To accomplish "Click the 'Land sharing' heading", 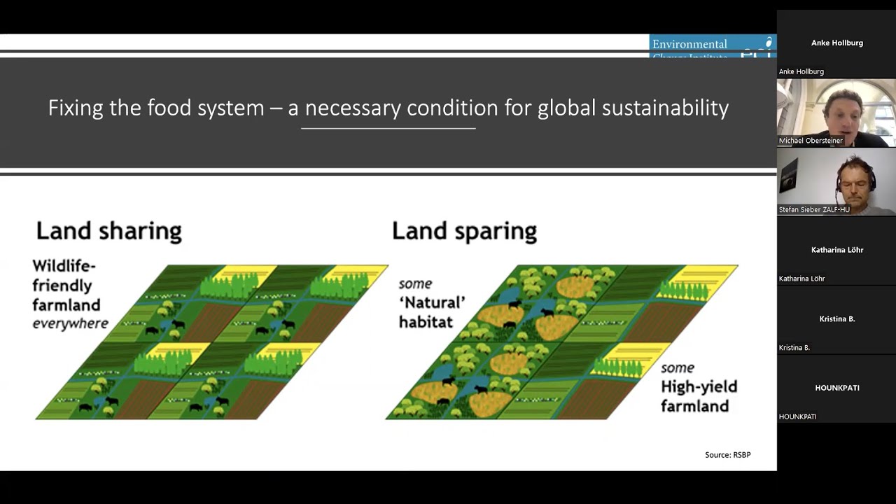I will click(x=108, y=231).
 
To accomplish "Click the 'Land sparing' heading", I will click(x=464, y=231).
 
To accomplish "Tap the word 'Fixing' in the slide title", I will click(x=75, y=108).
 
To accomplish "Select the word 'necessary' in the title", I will click(x=353, y=108).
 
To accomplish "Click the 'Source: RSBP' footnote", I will click(x=727, y=455).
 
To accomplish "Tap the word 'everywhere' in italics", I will click(x=70, y=323).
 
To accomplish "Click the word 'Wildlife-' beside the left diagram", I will click(x=64, y=266).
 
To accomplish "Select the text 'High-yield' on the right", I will click(x=699, y=387).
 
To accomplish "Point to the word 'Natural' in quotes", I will click(x=432, y=303).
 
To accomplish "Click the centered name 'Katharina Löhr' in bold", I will click(x=837, y=250).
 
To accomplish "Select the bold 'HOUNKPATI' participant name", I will click(x=837, y=388).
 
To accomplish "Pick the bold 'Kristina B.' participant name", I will click(x=837, y=318).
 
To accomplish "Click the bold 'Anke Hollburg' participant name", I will click(x=837, y=43).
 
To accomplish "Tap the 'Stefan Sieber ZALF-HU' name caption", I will click(x=814, y=210).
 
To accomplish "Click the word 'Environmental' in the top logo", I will click(x=689, y=44).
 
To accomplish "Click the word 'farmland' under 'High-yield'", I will click(x=694, y=406).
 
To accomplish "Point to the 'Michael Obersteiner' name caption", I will click(x=811, y=141).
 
